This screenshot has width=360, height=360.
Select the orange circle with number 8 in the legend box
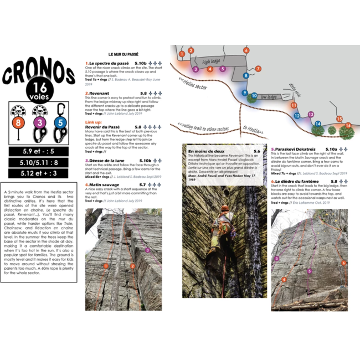(18, 122)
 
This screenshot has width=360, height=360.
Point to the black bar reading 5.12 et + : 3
(39, 173)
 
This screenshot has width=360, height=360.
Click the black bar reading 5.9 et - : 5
(39, 151)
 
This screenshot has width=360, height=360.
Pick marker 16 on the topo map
(348, 126)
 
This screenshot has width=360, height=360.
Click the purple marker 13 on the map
(311, 115)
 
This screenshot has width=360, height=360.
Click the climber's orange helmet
(225, 209)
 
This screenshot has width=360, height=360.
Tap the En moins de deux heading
(206, 151)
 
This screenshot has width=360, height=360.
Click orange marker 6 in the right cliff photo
(343, 263)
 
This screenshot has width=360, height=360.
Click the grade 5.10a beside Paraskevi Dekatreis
(331, 150)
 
